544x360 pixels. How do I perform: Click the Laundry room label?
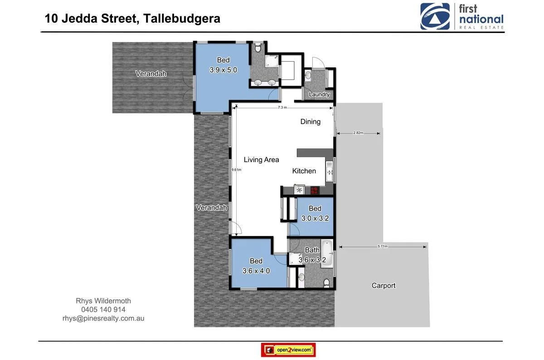pos(319,95)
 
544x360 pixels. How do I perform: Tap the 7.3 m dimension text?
pos(282,108)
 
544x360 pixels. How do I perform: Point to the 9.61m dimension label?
pos(236,170)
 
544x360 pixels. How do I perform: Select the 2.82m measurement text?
pos(358,133)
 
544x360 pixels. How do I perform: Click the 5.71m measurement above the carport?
pos(383,246)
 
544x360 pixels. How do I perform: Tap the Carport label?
pos(384,285)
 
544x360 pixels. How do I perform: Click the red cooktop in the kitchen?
pos(314,190)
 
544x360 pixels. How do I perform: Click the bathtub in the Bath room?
pos(327,255)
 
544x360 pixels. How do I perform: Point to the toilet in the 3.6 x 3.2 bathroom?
pos(326,283)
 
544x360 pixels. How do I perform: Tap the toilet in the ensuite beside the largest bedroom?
pos(258,47)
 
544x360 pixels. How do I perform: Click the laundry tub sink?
pos(308,75)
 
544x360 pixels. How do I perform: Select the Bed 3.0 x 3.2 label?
pos(315,213)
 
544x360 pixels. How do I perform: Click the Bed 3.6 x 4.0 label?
pos(256,266)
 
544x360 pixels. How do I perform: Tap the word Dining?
pos(311,121)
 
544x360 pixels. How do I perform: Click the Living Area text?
pos(261,159)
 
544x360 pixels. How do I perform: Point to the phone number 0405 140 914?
pos(103,310)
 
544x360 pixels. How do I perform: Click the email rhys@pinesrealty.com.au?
pos(103,318)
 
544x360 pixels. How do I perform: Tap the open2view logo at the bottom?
pos(288,350)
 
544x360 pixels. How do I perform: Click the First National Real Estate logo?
pos(462,17)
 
